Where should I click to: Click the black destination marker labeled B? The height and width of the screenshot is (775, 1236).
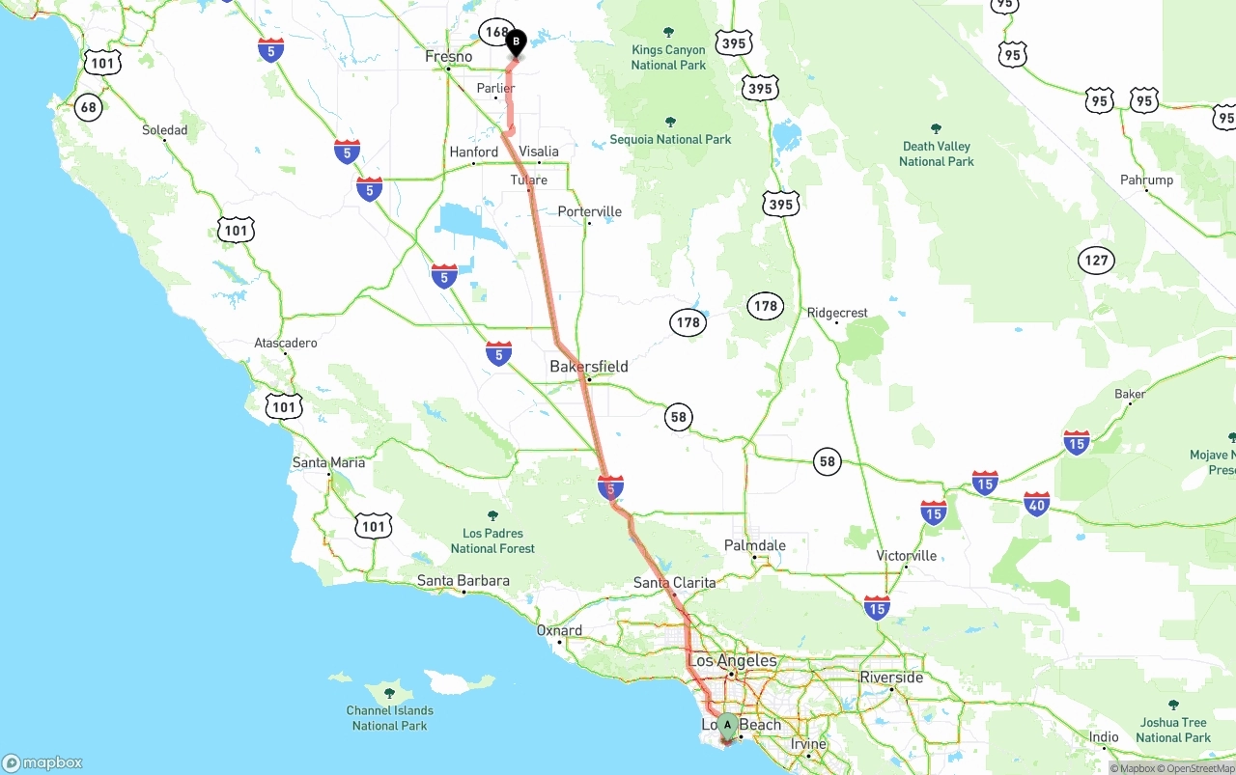click(516, 42)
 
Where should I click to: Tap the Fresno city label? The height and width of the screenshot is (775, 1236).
click(449, 57)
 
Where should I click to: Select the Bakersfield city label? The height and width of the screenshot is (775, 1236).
click(589, 367)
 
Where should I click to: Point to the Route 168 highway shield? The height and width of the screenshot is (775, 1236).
click(495, 32)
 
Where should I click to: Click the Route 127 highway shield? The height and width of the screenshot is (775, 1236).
click(1096, 260)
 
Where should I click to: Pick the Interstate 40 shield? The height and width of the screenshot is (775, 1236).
click(1036, 503)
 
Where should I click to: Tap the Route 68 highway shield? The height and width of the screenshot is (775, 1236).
click(89, 106)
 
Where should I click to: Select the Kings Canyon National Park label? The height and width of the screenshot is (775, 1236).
click(668, 57)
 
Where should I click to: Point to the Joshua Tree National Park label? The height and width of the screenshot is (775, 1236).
click(1173, 730)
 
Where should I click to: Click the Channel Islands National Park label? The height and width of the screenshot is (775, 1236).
click(390, 718)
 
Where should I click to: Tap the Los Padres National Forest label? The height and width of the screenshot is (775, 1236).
click(492, 540)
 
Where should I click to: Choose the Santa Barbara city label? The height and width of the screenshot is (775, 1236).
click(463, 581)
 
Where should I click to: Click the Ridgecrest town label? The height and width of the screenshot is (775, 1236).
click(838, 313)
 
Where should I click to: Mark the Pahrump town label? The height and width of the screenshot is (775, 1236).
click(1146, 180)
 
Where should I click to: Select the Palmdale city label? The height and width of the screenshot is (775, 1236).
click(755, 545)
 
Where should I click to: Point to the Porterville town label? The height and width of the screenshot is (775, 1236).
click(590, 211)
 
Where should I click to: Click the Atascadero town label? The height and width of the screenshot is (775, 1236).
click(286, 343)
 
